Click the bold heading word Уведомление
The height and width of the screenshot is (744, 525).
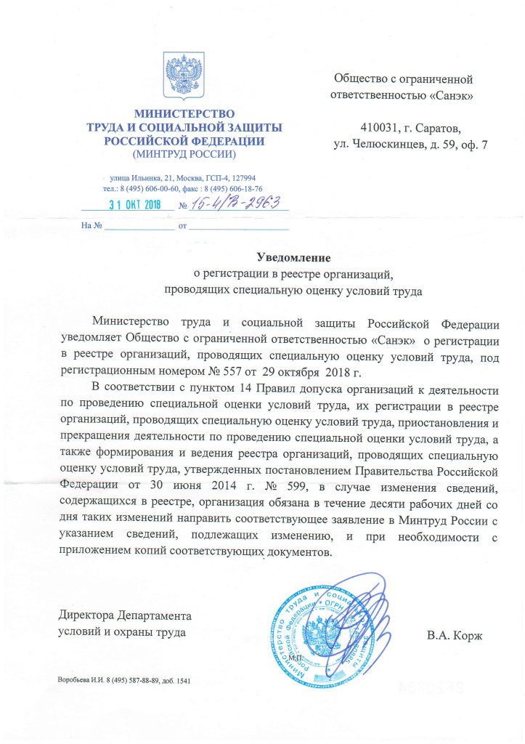(x=294, y=256)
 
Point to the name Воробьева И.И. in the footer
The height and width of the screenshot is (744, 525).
(x=82, y=681)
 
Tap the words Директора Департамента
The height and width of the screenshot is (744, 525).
(x=129, y=615)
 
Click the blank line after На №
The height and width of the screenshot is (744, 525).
(x=139, y=226)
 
